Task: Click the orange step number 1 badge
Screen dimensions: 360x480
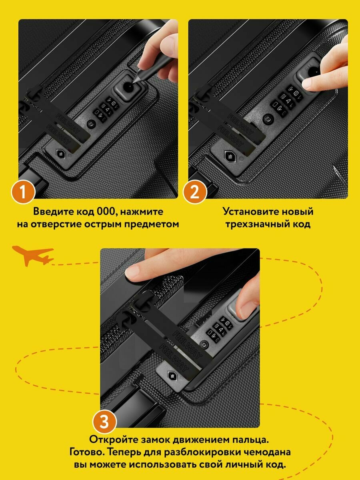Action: click(23, 192)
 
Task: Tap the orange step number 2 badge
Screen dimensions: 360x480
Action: click(195, 192)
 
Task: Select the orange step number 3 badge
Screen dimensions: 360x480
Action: click(104, 421)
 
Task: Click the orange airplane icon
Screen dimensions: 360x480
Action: click(33, 256)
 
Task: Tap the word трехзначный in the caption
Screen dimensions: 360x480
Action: click(256, 224)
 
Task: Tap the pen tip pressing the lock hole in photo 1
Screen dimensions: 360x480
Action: click(133, 82)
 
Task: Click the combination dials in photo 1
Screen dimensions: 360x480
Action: click(106, 109)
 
